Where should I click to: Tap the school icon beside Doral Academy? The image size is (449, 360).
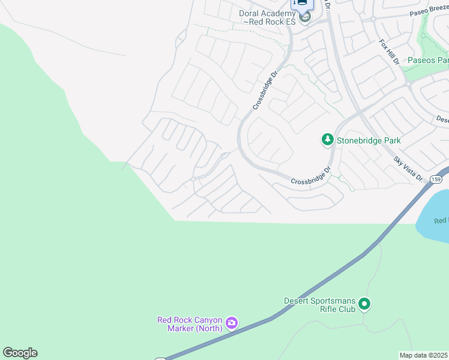click(305, 18)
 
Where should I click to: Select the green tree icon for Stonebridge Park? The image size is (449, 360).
click(327, 140)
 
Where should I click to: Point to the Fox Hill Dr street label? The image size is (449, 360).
click(389, 52)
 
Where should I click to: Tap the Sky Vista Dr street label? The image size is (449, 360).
click(408, 169)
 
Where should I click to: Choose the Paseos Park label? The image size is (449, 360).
click(428, 60)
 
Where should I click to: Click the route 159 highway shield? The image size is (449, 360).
click(436, 179)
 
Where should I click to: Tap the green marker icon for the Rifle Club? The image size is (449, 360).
click(365, 305)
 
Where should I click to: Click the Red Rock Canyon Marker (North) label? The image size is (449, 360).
click(190, 324)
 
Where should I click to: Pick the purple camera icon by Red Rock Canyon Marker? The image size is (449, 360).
click(232, 324)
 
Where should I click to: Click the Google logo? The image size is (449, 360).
click(20, 353)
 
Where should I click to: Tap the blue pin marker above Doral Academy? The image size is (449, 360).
click(302, 3)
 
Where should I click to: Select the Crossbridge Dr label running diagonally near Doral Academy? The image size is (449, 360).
click(265, 91)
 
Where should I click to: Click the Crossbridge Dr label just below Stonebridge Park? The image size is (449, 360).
click(311, 176)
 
